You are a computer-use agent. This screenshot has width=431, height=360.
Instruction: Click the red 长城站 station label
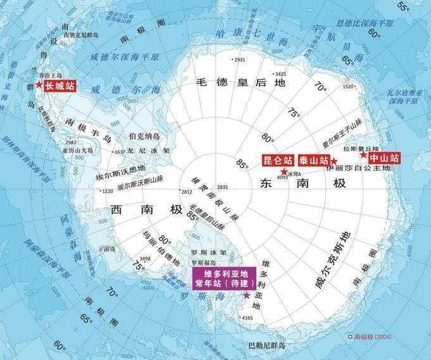pyautogui.click(x=59, y=85)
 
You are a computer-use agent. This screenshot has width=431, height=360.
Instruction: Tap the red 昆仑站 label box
pyautogui.click(x=278, y=160)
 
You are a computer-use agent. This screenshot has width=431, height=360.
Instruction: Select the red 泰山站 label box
pyautogui.click(x=313, y=160)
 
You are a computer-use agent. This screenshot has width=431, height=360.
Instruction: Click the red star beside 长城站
pyautogui.click(x=39, y=85)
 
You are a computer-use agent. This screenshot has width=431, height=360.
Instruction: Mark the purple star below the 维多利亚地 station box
pyautogui.click(x=246, y=295)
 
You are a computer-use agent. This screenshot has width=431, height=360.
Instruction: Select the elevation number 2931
pyautogui.click(x=239, y=60)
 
